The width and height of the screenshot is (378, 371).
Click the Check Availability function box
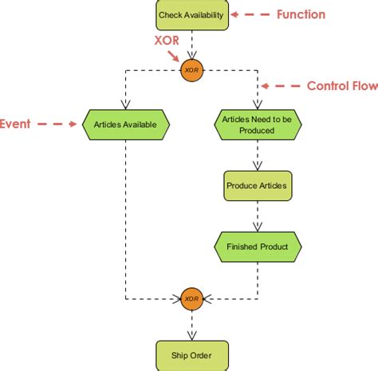pyautogui.click(x=191, y=15)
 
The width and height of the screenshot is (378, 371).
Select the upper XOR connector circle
pyautogui.click(x=191, y=69)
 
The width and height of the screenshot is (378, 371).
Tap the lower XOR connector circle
pyautogui.click(x=191, y=299)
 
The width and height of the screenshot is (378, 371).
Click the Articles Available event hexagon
pyautogui.click(x=125, y=124)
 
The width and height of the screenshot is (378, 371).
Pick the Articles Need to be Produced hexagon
pyautogui.click(x=257, y=124)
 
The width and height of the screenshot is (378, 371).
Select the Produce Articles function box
pyautogui.click(x=257, y=185)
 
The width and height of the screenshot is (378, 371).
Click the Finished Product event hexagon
pyautogui.click(x=257, y=247)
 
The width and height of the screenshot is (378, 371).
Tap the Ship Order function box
pyautogui.click(x=191, y=354)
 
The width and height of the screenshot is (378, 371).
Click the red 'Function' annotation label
pyautogui.click(x=301, y=14)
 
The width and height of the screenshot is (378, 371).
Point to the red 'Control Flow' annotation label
pyautogui.click(x=342, y=85)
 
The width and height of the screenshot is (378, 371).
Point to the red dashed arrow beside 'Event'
pyautogui.click(x=56, y=124)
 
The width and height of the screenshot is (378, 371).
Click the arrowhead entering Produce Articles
pyautogui.click(x=257, y=165)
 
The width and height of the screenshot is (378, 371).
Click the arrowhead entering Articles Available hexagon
pyautogui.click(x=125, y=104)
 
